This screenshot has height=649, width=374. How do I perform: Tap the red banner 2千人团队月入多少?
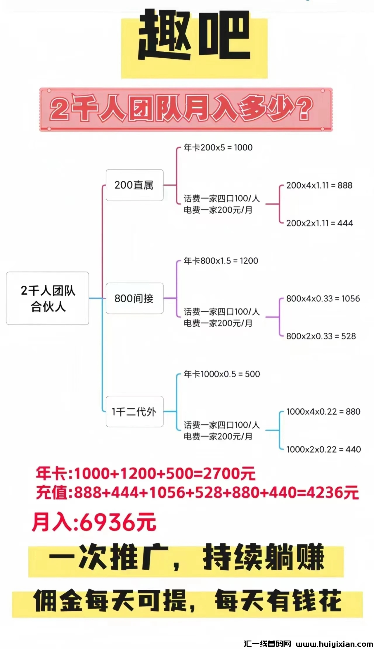[186, 109]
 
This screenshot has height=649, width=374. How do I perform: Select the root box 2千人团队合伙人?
[48, 298]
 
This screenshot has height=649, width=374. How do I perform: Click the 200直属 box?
[134, 185]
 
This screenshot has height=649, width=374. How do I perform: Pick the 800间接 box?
[134, 298]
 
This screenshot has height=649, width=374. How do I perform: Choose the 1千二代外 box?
[134, 411]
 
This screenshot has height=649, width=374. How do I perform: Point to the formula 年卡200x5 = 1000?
[218, 148]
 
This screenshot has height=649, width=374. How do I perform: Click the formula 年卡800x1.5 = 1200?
[221, 261]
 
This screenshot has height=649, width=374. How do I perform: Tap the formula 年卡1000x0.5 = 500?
[222, 374]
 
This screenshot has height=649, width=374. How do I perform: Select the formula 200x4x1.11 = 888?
[319, 185]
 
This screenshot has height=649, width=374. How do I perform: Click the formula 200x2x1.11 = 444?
[319, 223]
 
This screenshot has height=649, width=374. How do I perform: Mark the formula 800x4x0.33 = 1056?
[323, 299]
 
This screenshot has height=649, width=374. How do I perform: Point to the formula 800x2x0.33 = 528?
[321, 336]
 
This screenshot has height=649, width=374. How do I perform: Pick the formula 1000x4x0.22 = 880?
[323, 412]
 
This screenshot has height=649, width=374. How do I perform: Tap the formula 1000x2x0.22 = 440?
[323, 449]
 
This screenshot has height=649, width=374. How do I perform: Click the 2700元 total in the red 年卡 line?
[229, 474]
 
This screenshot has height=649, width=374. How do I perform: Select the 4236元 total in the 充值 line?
[333, 493]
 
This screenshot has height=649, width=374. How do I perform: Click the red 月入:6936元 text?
[94, 522]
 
